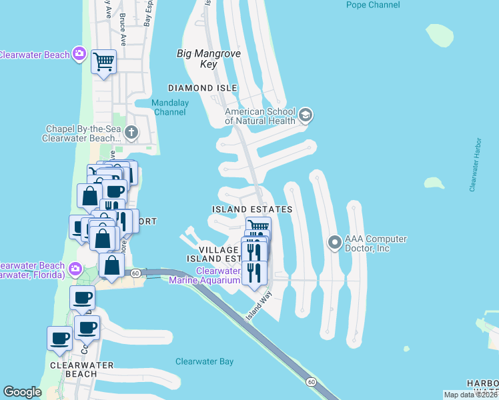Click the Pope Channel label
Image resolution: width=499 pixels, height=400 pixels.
[x=373, y=5]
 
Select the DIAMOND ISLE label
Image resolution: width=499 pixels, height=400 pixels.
[x=203, y=88]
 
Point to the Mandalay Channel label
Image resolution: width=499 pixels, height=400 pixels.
[x=170, y=107]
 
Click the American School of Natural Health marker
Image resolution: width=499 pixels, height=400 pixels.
[x=306, y=115]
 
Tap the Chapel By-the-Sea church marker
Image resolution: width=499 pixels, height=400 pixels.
[x=131, y=131]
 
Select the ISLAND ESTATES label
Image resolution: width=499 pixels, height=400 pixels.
[x=252, y=209]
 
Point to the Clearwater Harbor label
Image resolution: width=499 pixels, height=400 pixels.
[x=475, y=166]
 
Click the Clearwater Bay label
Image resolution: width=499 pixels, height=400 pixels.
[x=204, y=361]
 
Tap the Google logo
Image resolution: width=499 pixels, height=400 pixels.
[x=22, y=392]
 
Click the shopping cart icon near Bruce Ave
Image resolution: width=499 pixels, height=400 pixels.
[x=104, y=62]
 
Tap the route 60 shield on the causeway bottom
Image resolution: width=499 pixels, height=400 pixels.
[x=311, y=381]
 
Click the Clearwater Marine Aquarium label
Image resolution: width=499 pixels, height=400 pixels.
[x=217, y=276]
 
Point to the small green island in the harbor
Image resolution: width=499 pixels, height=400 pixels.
[x=434, y=183]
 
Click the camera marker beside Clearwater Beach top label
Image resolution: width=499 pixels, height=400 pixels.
[x=79, y=53]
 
